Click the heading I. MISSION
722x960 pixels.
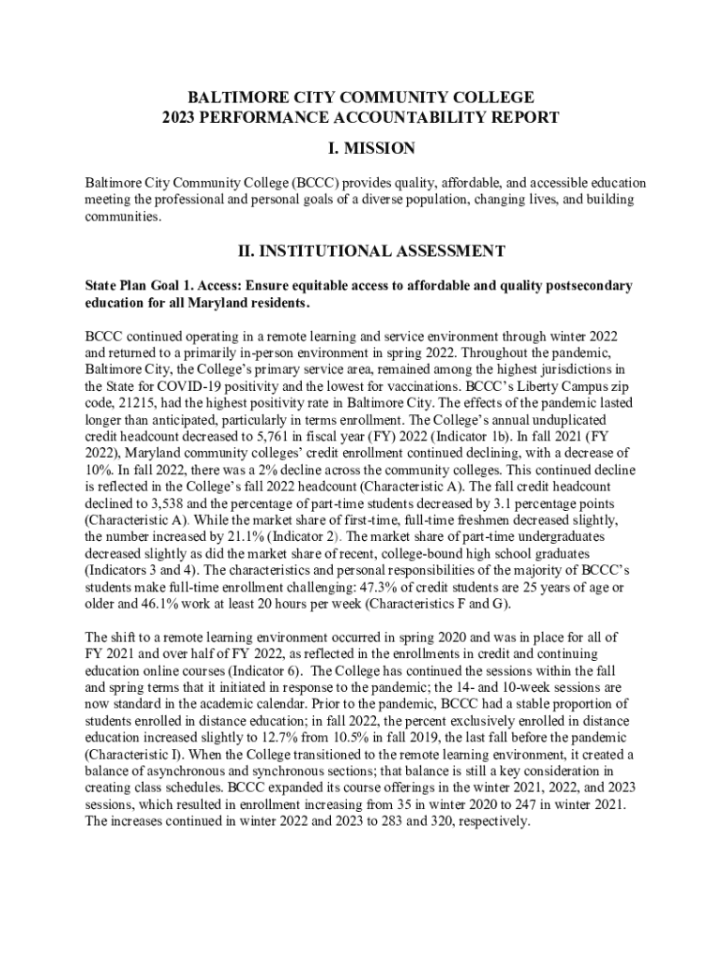tap(361, 148)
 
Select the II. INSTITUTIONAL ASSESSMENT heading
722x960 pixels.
tap(361, 251)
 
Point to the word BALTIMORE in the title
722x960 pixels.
tap(231, 97)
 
